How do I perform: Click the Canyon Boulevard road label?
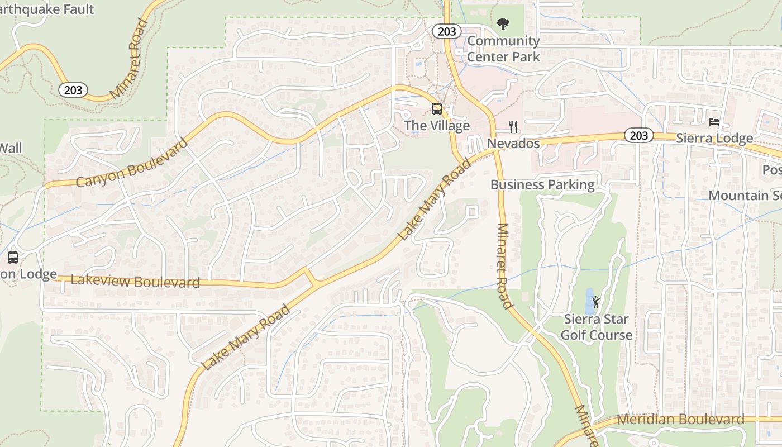tap(132, 163)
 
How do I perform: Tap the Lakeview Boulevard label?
tap(135, 281)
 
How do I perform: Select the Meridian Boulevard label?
tap(680, 419)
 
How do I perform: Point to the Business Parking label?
tap(542, 184)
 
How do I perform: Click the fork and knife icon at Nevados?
tap(514, 127)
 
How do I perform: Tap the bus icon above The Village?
tap(437, 109)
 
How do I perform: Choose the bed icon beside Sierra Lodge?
tap(714, 122)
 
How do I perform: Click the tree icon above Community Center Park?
tap(503, 24)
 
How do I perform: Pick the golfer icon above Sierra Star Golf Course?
tap(596, 302)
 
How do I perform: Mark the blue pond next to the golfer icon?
tap(589, 301)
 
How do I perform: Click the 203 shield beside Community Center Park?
tap(447, 31)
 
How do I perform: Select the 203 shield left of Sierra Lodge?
tap(638, 135)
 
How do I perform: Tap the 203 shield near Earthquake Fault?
tap(73, 89)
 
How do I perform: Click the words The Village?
tap(437, 126)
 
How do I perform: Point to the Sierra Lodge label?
tap(714, 138)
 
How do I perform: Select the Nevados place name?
tap(513, 144)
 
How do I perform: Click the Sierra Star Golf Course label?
tap(596, 327)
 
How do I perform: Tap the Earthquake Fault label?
tap(47, 9)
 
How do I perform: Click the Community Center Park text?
tap(503, 49)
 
